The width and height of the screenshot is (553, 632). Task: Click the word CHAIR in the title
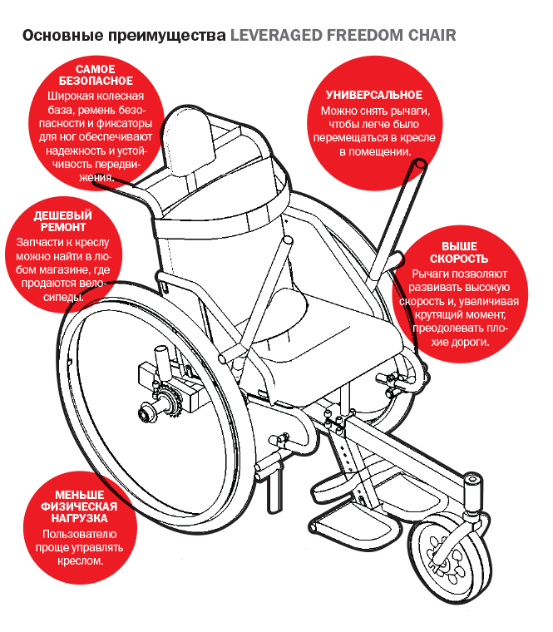[432, 37]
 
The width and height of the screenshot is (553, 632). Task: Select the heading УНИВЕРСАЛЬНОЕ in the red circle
[374, 96]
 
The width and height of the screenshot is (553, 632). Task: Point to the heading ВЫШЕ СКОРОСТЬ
[459, 253]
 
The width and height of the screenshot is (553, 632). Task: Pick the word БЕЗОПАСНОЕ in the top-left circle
[96, 81]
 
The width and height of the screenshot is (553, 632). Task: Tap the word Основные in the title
[55, 37]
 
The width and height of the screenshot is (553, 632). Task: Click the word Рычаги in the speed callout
[433, 273]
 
